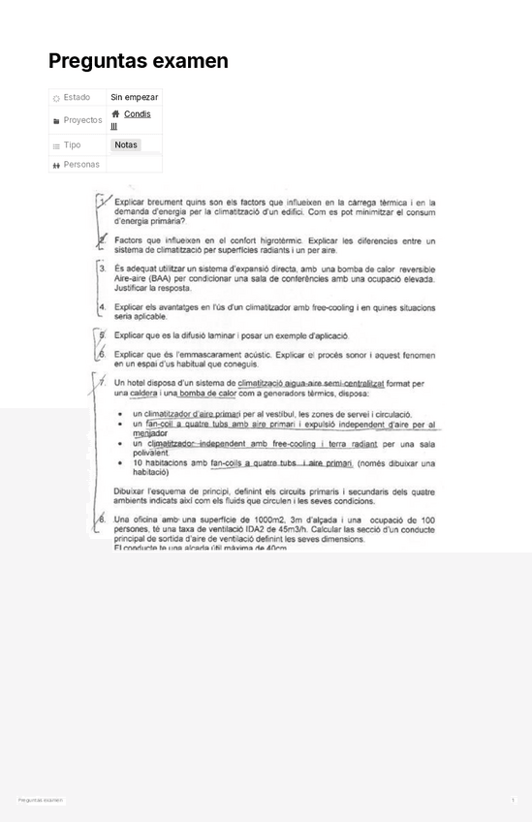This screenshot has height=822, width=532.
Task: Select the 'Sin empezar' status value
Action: pos(135,97)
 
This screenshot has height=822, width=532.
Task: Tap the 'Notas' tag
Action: pos(126,145)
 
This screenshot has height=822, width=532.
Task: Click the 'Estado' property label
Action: pos(77,97)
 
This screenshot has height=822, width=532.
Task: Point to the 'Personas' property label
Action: pos(81,165)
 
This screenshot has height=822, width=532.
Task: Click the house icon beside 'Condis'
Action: pos(116,114)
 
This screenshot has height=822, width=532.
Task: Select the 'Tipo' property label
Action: pos(72,145)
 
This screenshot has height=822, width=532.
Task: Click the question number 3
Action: pos(102,269)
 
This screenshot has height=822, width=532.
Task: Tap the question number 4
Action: pos(102,306)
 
